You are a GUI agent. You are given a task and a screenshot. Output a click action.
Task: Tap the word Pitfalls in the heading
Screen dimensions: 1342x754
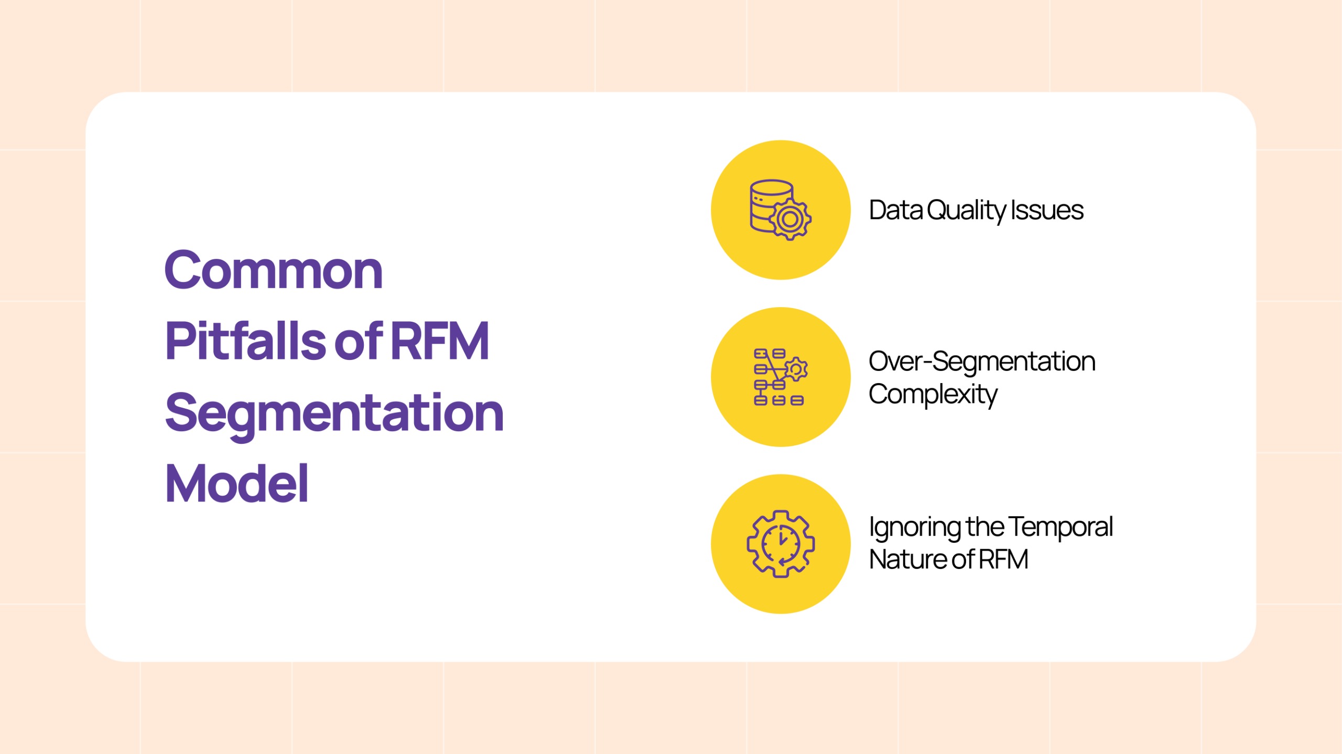[x=246, y=341]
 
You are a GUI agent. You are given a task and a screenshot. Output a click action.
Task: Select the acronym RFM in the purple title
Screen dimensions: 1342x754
[x=440, y=341]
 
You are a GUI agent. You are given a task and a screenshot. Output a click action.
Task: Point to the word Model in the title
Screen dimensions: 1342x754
[x=237, y=483]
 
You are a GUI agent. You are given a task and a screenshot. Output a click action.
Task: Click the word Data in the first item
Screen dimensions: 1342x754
[x=896, y=210]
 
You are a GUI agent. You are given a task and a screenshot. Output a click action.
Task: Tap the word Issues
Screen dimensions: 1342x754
[x=1047, y=210]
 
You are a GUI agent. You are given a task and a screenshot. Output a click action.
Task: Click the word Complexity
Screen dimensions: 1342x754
[x=933, y=395]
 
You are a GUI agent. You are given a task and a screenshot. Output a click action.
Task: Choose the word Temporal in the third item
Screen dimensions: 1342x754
[x=1060, y=528]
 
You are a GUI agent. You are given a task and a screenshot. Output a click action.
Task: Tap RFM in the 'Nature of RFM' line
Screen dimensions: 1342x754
[x=1003, y=559]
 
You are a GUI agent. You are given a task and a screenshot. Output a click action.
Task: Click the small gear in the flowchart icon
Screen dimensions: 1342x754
[x=795, y=369]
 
